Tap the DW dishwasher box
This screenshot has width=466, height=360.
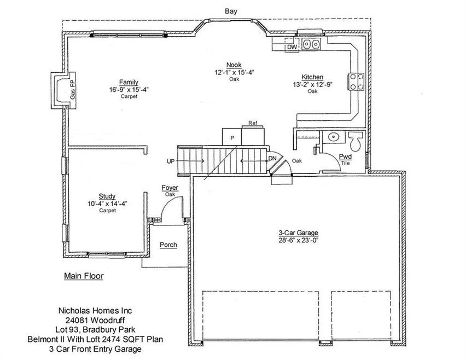292,48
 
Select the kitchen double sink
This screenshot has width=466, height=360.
312,44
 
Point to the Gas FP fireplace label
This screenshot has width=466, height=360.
72,88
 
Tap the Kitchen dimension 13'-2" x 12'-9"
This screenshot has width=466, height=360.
312,84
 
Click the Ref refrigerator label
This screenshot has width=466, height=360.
252,123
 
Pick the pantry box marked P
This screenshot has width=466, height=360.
232,137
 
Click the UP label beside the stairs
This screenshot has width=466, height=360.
171,161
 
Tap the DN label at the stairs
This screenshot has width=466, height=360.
272,159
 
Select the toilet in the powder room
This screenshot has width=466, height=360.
355,142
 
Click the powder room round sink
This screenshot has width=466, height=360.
334,137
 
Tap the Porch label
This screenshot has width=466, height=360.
168,245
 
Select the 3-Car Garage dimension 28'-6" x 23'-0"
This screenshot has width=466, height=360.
298,240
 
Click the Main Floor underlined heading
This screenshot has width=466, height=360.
83,276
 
